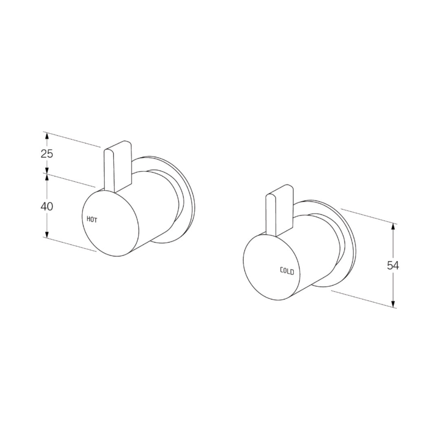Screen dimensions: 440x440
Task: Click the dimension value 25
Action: (47, 154)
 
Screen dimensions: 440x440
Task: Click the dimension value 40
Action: (47, 207)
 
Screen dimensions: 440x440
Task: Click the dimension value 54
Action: (393, 265)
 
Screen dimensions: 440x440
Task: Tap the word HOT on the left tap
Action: (92, 219)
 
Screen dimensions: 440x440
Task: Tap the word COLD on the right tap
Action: (287, 270)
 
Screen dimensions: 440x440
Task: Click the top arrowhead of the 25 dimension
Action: (47, 135)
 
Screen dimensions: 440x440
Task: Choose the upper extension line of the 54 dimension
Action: (367, 216)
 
